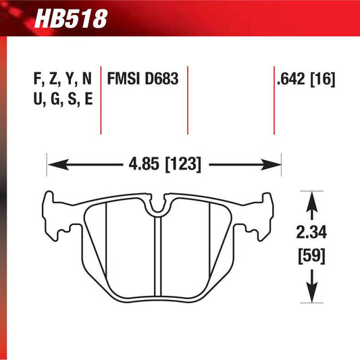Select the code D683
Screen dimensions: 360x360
(161, 80)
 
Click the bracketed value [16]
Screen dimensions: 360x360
(323, 80)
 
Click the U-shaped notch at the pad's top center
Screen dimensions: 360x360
(157, 206)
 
